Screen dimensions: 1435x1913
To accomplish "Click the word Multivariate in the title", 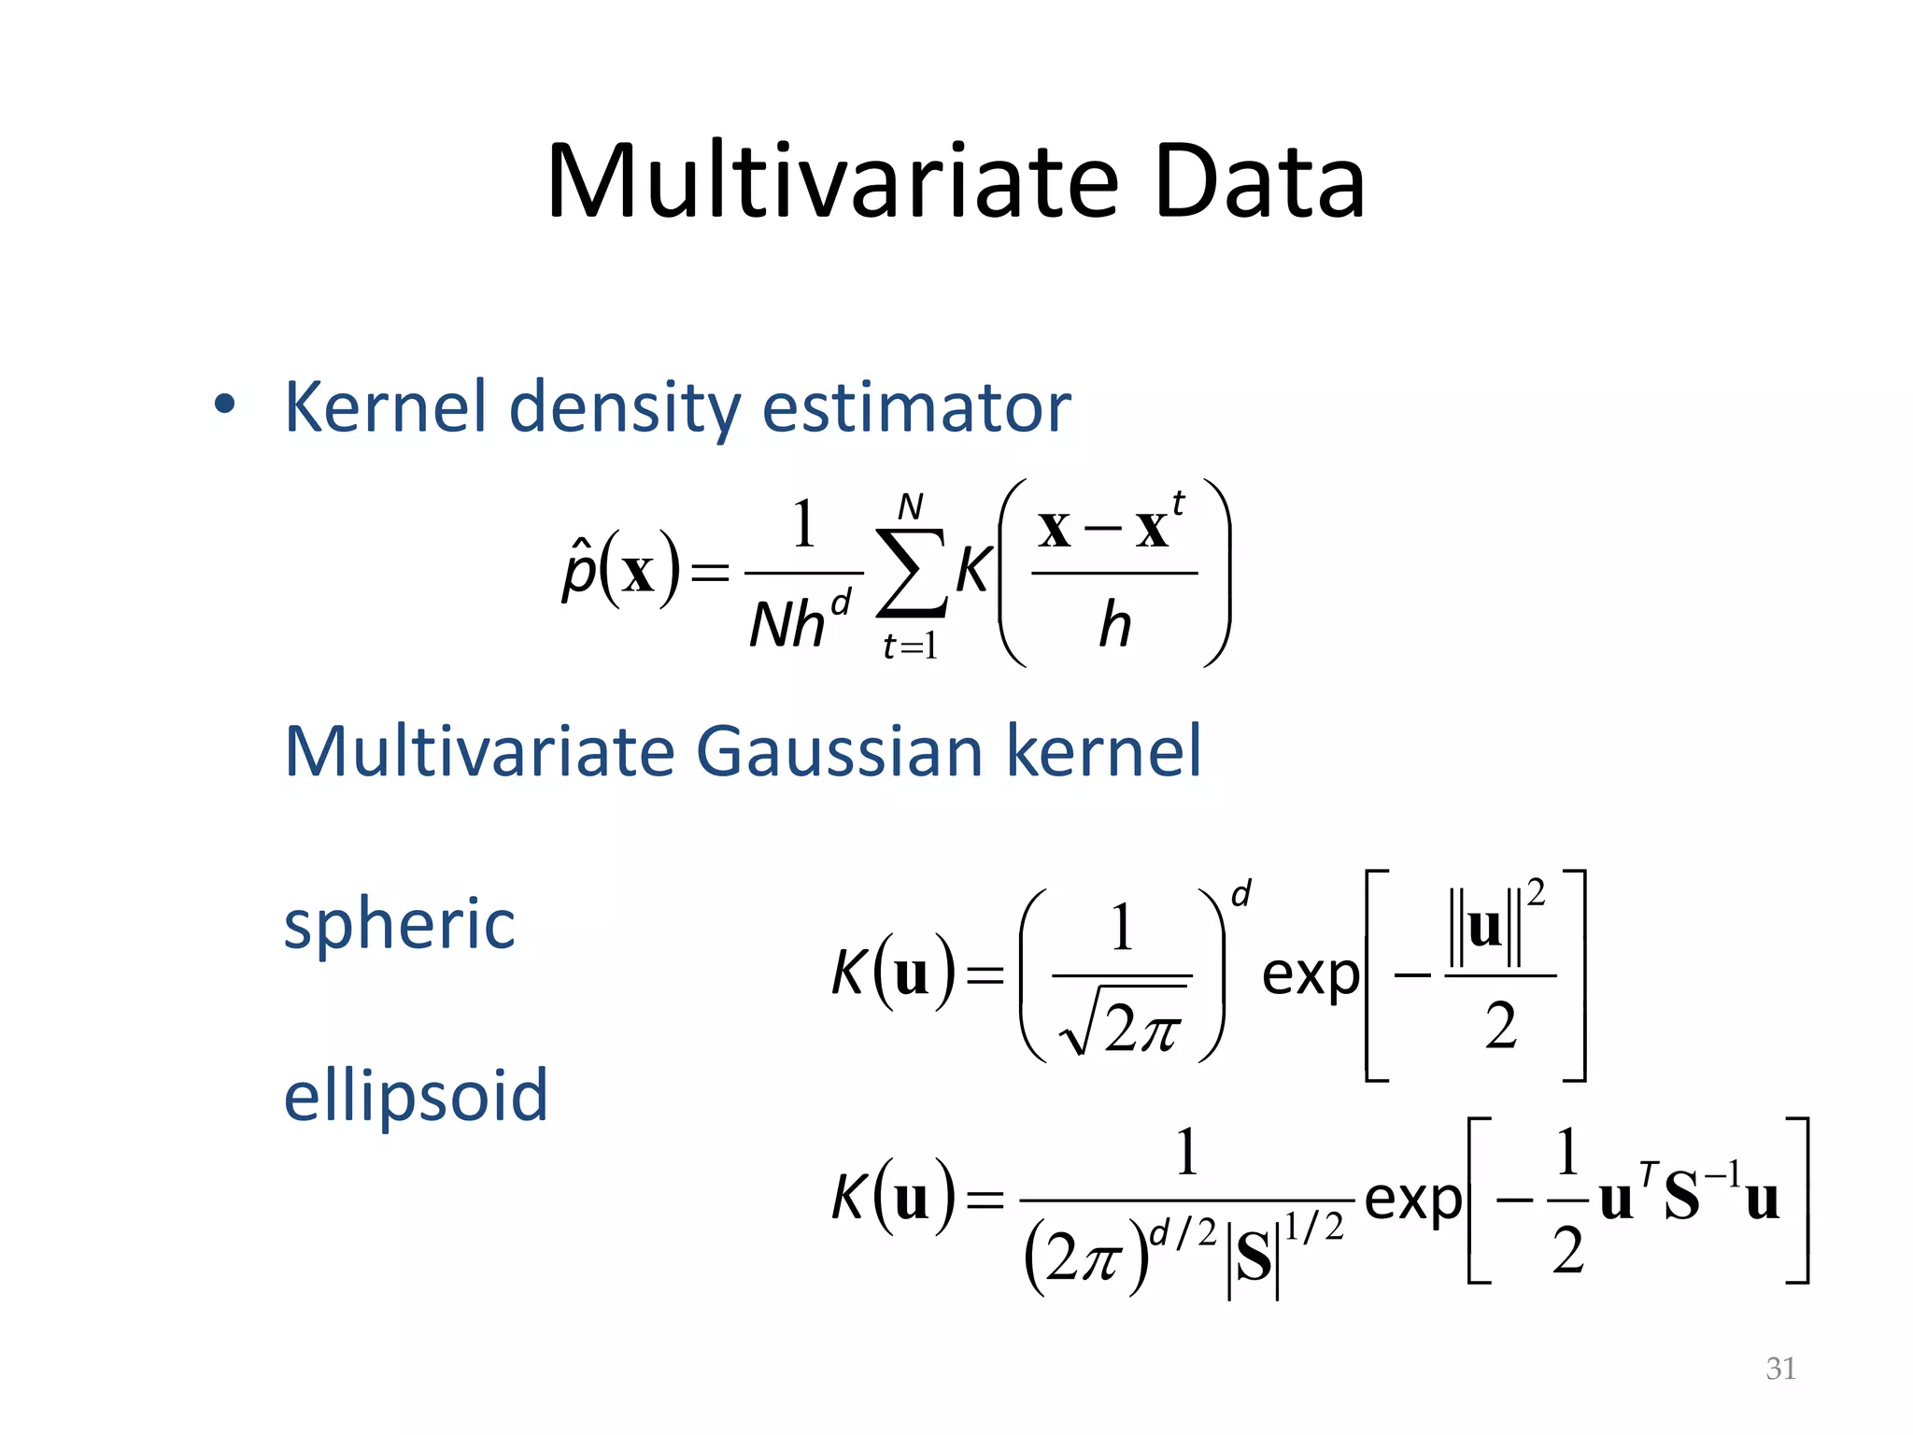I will click(x=832, y=181).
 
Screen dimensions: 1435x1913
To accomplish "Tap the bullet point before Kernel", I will click(x=224, y=405).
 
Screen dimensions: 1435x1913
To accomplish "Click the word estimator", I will click(x=916, y=408).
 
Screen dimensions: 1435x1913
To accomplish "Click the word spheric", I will click(x=399, y=924).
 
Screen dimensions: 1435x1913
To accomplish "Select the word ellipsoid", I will click(x=416, y=1095).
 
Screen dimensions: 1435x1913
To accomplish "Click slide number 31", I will click(x=1780, y=1369).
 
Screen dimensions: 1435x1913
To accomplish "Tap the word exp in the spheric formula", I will click(x=1310, y=976).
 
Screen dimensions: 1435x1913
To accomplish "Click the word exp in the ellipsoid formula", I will click(x=1412, y=1200).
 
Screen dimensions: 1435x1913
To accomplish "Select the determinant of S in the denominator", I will click(x=1253, y=1257).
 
